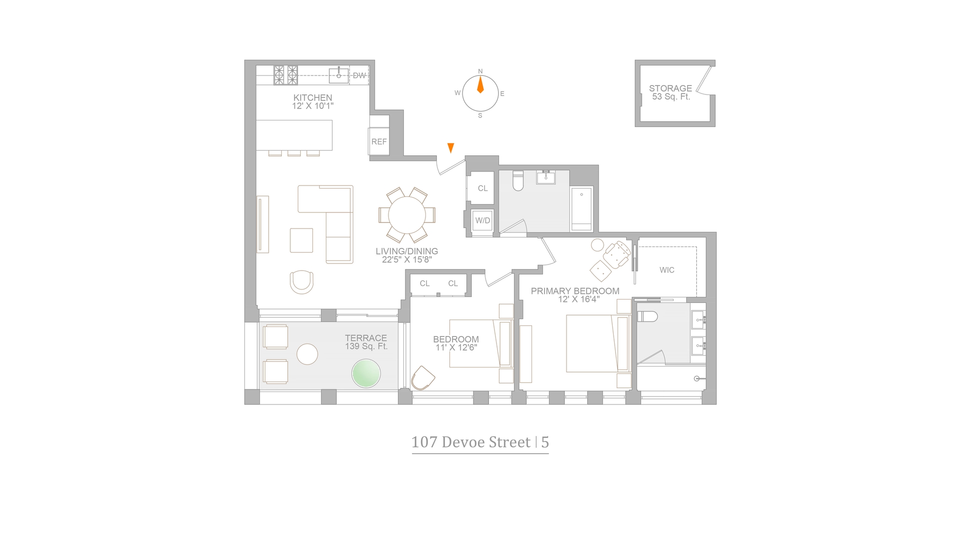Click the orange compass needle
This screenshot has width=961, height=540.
pyautogui.click(x=480, y=85)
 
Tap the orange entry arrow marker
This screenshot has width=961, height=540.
pyautogui.click(x=450, y=147)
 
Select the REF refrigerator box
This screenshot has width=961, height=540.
pyautogui.click(x=379, y=141)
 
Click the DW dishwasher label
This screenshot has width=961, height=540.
pyautogui.click(x=359, y=75)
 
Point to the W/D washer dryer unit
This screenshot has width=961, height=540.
pyautogui.click(x=483, y=220)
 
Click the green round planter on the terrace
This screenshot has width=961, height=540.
pyautogui.click(x=366, y=373)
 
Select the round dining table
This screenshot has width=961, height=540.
pyautogui.click(x=406, y=215)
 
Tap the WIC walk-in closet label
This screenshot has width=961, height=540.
pyautogui.click(x=667, y=270)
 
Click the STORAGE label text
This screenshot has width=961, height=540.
pyautogui.click(x=670, y=88)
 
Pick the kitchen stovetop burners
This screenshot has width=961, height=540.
pyautogui.click(x=285, y=75)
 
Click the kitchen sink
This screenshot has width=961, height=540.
pyautogui.click(x=339, y=75)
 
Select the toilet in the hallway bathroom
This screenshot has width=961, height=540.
pyautogui.click(x=518, y=181)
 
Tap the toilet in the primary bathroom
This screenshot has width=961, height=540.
pyautogui.click(x=647, y=316)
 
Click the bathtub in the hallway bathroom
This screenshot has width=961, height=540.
pyautogui.click(x=582, y=208)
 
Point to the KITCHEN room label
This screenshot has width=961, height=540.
pyautogui.click(x=312, y=97)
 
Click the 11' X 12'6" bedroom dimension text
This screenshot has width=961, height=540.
pyautogui.click(x=456, y=347)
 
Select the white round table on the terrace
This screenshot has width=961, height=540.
pyautogui.click(x=307, y=354)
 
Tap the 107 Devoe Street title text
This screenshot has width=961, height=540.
pyautogui.click(x=470, y=442)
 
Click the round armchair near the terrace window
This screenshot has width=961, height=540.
pyautogui.click(x=302, y=282)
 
